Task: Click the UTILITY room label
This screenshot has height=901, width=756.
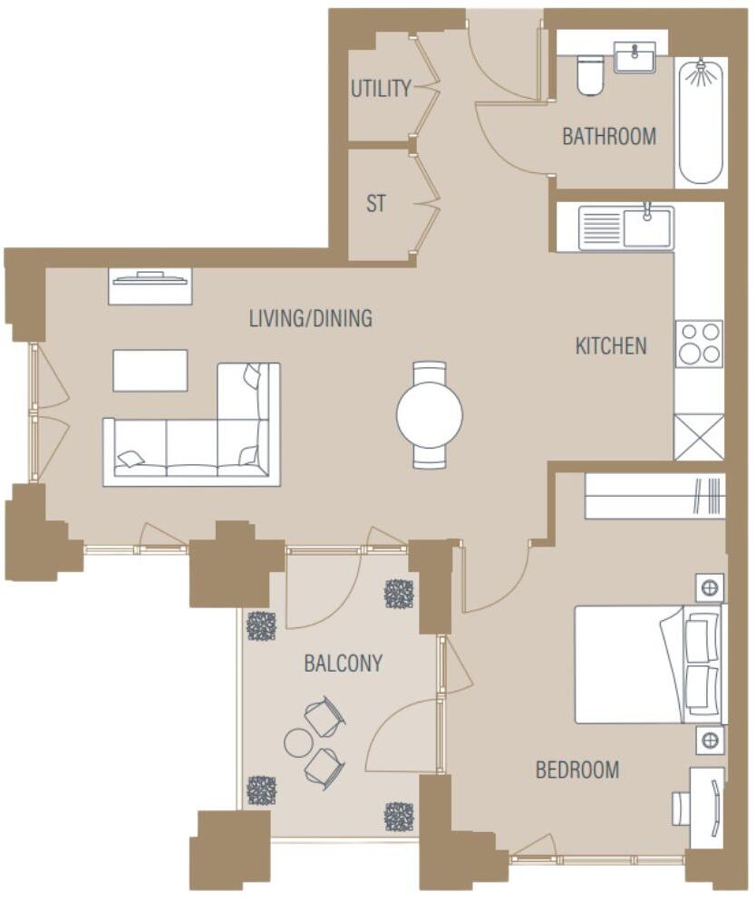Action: click(381, 88)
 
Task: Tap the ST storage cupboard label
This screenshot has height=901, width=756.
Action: click(375, 204)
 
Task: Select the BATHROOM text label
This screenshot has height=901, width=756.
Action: click(609, 137)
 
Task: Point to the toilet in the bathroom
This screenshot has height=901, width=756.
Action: click(590, 74)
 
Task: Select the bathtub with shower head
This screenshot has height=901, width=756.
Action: click(702, 121)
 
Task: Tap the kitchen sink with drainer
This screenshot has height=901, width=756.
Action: click(626, 227)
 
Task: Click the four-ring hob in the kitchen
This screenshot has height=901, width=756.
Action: click(699, 344)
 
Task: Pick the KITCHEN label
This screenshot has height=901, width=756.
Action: click(611, 345)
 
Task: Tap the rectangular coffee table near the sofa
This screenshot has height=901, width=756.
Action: click(150, 371)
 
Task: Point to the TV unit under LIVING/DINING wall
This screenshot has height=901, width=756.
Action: click(150, 286)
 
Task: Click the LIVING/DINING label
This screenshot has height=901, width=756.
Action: click(311, 318)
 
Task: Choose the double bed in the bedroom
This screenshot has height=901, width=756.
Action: click(650, 664)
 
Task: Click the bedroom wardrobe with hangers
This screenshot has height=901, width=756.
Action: click(654, 496)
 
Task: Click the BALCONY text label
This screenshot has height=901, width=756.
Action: click(343, 664)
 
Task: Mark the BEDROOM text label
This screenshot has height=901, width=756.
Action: click(577, 770)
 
